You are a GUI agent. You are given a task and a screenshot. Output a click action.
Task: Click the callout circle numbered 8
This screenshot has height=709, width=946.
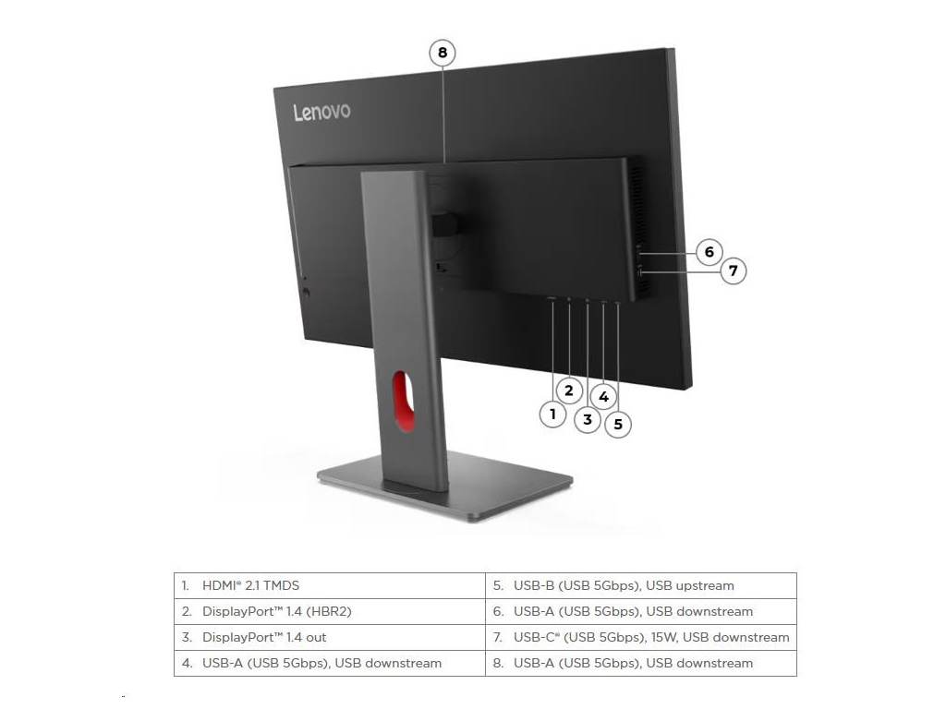click(x=443, y=53)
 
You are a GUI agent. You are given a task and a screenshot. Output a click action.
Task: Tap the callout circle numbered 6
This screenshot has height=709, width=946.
click(x=709, y=251)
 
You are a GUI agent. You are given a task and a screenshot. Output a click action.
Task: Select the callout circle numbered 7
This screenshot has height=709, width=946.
click(x=733, y=271)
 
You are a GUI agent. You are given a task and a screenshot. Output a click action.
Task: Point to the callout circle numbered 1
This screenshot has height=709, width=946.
click(x=552, y=414)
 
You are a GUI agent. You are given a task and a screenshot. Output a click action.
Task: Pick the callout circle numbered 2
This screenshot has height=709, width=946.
click(x=569, y=391)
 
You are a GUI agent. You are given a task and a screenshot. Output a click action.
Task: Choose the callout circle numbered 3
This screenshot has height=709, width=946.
click(x=588, y=419)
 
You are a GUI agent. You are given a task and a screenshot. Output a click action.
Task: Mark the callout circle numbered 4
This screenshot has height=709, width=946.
click(x=603, y=397)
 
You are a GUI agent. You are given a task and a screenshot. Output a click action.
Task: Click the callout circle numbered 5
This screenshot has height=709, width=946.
click(x=618, y=425)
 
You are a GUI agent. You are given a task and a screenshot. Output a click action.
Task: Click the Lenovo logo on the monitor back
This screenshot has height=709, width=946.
click(x=321, y=112)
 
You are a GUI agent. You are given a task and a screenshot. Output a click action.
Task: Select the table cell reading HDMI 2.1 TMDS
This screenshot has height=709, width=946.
click(x=330, y=585)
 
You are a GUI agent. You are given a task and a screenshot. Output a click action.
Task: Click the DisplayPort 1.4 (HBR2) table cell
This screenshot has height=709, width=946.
click(x=330, y=611)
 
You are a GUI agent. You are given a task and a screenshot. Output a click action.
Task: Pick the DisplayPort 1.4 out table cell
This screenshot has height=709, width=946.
click(x=330, y=637)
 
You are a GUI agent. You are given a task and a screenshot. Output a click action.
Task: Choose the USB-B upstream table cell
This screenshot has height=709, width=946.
click(x=640, y=585)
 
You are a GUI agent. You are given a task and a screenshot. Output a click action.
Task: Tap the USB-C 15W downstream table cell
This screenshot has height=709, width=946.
click(x=640, y=637)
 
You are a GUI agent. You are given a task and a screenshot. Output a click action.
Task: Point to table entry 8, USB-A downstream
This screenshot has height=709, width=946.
click(x=640, y=663)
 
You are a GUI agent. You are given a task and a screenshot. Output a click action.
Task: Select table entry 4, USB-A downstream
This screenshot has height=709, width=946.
click(x=330, y=663)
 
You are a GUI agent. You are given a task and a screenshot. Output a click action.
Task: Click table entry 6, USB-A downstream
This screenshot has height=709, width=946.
click(x=640, y=611)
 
